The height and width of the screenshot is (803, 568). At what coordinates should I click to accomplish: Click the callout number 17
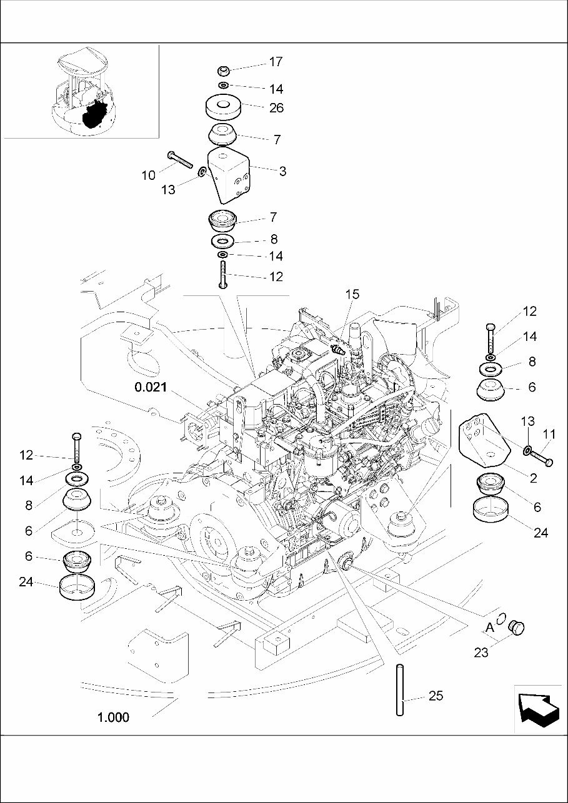pos(276,62)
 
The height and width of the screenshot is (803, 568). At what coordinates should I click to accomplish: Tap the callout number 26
pos(276,108)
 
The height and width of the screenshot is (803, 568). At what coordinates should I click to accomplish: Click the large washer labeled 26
pos(224,106)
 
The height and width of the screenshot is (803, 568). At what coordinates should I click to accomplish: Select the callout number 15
pos(352,294)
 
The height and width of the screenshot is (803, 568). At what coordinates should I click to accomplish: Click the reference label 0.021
pos(151,387)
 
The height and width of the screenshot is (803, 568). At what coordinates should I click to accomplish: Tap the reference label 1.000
pos(113,717)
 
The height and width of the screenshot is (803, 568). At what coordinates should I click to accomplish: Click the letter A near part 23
pos(490,626)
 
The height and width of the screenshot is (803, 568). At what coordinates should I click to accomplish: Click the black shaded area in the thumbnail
pos(94,115)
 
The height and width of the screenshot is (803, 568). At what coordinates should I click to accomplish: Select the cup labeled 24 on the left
pos(77,589)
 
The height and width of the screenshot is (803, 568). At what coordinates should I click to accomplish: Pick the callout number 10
pos(148,175)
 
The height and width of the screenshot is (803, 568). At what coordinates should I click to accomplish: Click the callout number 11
pos(549,434)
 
